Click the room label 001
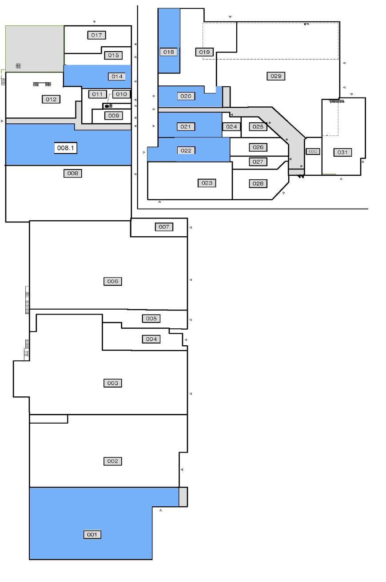92,534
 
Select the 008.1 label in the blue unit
66,148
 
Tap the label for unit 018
169,52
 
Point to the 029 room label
276,76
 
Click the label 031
342,152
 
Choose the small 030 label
313,151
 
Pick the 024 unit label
231,127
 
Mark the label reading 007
164,227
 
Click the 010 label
121,94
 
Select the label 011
97,94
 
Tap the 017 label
96,35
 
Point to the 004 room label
151,339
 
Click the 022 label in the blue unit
186,150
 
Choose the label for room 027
258,162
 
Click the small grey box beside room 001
183,497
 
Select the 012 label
51,99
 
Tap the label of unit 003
113,383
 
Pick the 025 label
258,127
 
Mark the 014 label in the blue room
117,77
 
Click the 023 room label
207,183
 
